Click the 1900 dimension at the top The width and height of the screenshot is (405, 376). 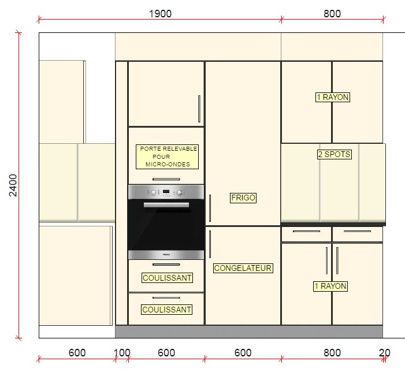[x=160, y=14]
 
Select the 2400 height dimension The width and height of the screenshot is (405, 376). [x=13, y=185]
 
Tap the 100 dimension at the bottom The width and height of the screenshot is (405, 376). [x=122, y=353]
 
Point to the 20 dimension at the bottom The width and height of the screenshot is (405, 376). [x=384, y=353]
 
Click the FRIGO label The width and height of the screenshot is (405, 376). [x=243, y=198]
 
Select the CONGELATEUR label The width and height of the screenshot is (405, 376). [x=243, y=268]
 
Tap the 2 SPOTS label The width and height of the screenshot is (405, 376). [x=335, y=154]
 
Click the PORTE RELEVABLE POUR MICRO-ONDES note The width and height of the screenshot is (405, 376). [x=167, y=157]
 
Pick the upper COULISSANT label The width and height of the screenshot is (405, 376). [x=167, y=278]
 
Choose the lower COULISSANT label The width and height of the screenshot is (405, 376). [x=166, y=310]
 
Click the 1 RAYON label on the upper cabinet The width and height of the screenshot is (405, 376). [x=333, y=98]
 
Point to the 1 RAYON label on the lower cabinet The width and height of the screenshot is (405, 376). [x=330, y=286]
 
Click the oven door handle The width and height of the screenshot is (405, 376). [x=166, y=205]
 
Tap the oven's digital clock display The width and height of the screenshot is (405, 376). [x=166, y=192]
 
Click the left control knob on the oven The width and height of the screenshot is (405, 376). [x=154, y=192]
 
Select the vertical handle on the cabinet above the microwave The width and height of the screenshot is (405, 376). [x=199, y=109]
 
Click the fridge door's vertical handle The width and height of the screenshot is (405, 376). [x=210, y=208]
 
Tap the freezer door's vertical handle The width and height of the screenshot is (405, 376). [x=210, y=244]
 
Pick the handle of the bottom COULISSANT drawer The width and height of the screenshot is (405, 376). [x=166, y=298]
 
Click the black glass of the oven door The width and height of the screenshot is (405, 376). [x=166, y=227]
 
